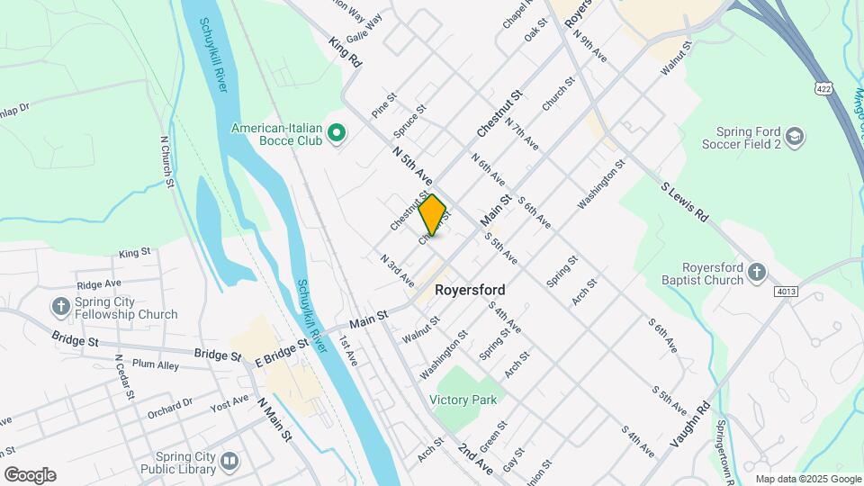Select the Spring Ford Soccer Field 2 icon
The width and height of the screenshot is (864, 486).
(795, 136)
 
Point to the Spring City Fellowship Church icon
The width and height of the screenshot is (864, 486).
(61, 307)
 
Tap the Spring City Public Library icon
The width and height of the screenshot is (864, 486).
(229, 462)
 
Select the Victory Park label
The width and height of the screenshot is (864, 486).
(463, 399)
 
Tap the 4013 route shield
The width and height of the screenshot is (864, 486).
(785, 291)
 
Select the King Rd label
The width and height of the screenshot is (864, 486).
(345, 52)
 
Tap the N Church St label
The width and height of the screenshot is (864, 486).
(167, 162)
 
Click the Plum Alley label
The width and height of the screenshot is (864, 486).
(157, 364)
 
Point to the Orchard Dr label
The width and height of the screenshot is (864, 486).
(171, 409)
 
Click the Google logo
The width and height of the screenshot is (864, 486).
(30, 475)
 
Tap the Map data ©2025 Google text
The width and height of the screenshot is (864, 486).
(808, 479)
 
